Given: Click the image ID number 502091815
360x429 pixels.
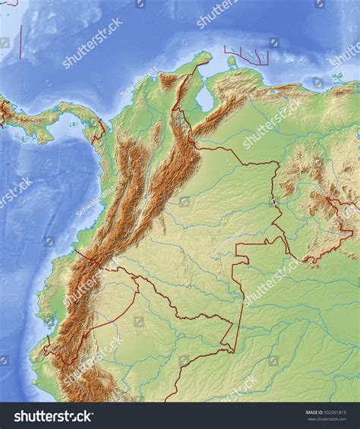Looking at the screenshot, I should [343, 413].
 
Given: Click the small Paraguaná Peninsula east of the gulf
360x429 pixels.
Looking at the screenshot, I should [232, 62].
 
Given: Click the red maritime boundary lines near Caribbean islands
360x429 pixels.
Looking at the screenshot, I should [247, 55].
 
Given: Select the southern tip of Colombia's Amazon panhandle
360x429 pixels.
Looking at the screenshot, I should [232, 350].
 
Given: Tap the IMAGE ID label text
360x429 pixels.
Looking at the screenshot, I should [315, 413].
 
